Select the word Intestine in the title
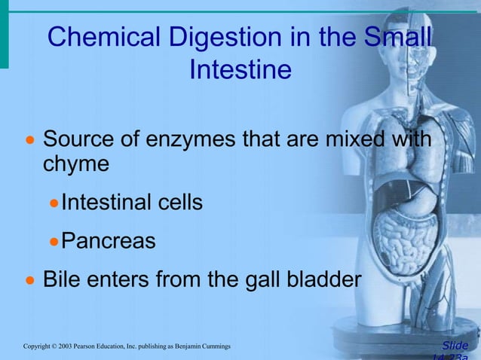[x=240, y=70]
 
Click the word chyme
[x=76, y=163]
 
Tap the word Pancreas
[x=108, y=241]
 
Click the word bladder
[x=325, y=280]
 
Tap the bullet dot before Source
[x=31, y=141]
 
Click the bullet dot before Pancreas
[x=54, y=243]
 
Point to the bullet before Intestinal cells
[x=54, y=203]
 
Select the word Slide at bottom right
[x=455, y=346]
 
